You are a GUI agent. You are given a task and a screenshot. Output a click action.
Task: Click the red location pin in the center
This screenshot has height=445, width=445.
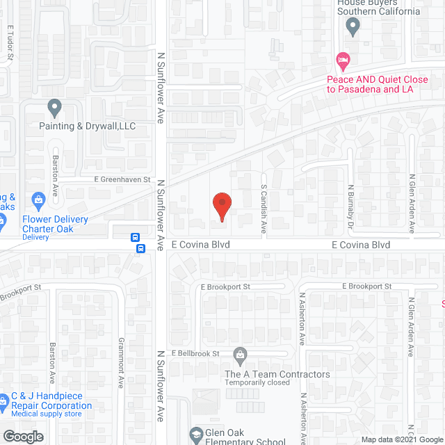pyautogui.click(x=221, y=207)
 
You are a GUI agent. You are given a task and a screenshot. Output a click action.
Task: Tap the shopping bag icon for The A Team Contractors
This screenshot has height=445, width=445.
pyautogui.click(x=240, y=356)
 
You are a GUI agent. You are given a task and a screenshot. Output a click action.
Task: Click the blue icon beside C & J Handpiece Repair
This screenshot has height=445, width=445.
pyautogui.click(x=3, y=401)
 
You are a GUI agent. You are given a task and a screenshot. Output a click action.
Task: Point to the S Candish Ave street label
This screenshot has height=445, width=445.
pyautogui.click(x=264, y=199)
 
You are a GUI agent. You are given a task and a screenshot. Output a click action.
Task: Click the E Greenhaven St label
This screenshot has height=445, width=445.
pyautogui.click(x=122, y=179)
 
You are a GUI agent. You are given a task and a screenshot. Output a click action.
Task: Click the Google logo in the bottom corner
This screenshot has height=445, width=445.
pyautogui.click(x=22, y=436)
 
